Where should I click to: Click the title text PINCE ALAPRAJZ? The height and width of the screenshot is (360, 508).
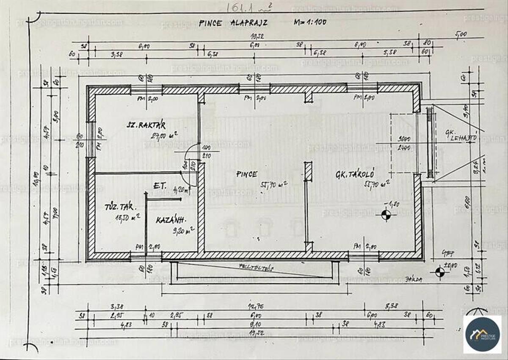pos(233,23)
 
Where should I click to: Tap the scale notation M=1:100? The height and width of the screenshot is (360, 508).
pos(310,22)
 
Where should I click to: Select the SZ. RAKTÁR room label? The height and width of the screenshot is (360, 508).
pos(146,125)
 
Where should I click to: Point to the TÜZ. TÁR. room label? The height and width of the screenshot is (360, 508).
pos(120,208)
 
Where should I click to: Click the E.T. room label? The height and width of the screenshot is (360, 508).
pos(160,186)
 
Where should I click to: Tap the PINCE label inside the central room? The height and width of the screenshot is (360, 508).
pos(247,174)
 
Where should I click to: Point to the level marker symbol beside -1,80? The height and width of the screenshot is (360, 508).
pos(386,215)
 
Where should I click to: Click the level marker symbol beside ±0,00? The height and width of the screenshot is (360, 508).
pos(439,271)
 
